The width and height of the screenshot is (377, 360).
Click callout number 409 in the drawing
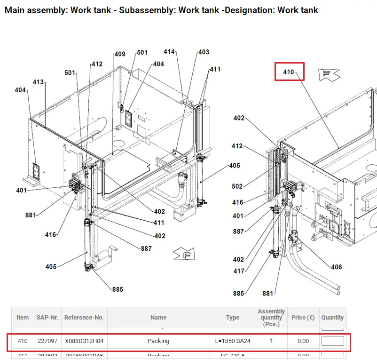pos(120,54)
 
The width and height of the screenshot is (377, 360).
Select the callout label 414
pos(169,52)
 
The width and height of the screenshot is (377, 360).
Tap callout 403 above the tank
pos(204,52)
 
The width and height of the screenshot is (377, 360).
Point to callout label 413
pos(38,82)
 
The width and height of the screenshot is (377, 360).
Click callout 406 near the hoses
pos(336,267)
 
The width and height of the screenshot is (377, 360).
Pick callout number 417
pos(239,271)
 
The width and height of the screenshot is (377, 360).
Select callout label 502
pos(238,186)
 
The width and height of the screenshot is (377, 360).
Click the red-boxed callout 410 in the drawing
pos(289,72)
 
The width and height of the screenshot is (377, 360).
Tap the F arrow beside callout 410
pos(329,74)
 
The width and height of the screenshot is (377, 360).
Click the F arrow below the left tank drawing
pos(184,255)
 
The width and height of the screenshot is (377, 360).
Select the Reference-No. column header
pos(84,318)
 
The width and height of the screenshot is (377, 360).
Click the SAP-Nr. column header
pos(47,318)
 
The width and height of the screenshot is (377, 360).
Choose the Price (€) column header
pos(303,318)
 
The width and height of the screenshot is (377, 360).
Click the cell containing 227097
pos(47,341)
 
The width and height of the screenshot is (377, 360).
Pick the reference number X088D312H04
pos(84,341)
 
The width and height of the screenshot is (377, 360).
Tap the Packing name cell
pos(158,341)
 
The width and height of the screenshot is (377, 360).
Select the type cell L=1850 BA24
pos(233,341)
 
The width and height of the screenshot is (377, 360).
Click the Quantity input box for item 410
pos(332,341)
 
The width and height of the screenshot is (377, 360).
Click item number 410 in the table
pos(23,341)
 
